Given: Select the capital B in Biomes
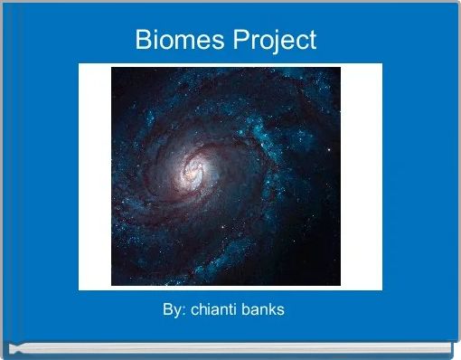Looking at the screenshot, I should (x=143, y=40).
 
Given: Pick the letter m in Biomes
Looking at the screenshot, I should (x=181, y=42).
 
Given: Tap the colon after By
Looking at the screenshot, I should (x=182, y=311).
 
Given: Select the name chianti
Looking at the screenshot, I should (x=211, y=310).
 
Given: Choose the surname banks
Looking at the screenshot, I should (x=263, y=310).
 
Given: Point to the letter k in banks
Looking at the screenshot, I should (x=272, y=310).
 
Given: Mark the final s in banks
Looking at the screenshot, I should (x=281, y=311).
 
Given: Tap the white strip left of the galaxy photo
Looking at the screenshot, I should (x=95, y=176).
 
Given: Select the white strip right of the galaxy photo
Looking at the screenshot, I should (x=362, y=176).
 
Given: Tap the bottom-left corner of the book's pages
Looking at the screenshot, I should (x=9, y=349).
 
